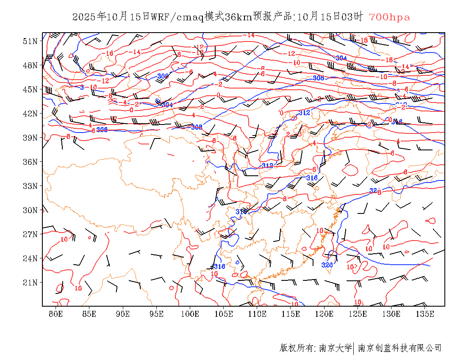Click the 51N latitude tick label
[30, 41]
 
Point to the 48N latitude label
[30, 65]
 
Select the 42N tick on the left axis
[30, 114]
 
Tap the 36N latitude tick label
[30, 162]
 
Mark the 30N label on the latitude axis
[30, 210]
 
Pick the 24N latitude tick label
[30, 258]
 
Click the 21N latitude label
[30, 282]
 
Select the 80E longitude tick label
[56, 314]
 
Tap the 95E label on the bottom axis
[157, 314]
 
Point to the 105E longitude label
[224, 314]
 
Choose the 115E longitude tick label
[291, 314]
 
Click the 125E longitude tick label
[358, 314]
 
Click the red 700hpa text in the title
[389, 17]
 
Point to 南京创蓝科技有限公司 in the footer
[399, 348]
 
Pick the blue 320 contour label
[327, 265]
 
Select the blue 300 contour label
[163, 76]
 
